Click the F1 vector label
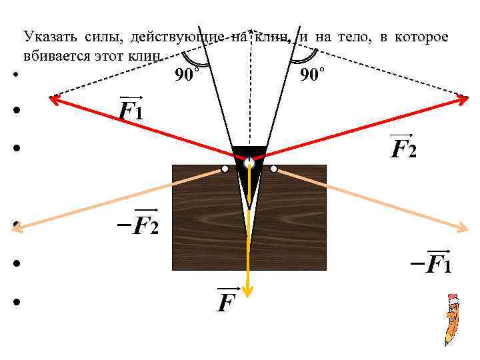point(131,109)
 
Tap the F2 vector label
point(403,147)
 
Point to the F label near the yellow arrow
point(227,302)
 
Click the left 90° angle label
point(187,76)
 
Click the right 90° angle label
point(313,76)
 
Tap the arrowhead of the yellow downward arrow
point(249,290)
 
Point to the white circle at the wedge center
point(249,163)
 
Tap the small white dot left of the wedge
point(225,169)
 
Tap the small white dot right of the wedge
point(273,169)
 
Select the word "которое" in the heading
point(423,37)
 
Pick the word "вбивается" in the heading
point(53,55)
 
